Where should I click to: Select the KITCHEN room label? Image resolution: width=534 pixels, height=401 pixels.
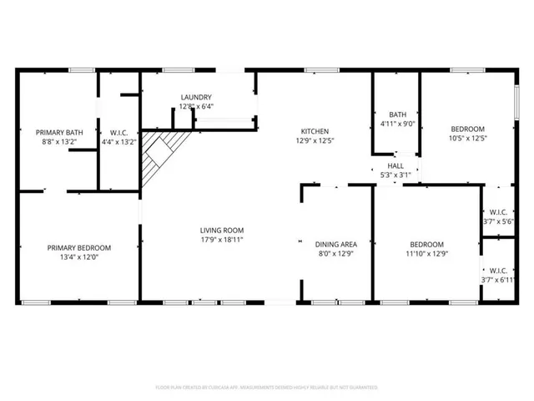(x=315, y=131)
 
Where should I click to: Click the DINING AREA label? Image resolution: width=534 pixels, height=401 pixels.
(x=336, y=244)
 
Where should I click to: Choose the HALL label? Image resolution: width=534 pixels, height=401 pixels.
(x=395, y=165)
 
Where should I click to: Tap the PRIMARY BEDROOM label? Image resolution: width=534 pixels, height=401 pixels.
(x=78, y=247)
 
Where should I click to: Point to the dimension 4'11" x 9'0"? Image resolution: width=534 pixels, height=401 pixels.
(x=396, y=124)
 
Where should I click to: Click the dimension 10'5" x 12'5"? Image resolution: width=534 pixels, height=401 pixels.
(x=468, y=138)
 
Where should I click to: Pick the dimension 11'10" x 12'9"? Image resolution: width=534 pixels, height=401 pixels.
(x=427, y=253)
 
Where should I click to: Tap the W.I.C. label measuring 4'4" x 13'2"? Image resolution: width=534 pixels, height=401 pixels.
(x=118, y=142)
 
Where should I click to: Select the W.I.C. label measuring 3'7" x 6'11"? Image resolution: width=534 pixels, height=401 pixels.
(x=499, y=280)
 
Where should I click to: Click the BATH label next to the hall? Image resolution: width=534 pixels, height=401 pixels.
(x=396, y=115)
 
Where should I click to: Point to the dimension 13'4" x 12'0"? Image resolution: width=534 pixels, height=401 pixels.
(x=78, y=257)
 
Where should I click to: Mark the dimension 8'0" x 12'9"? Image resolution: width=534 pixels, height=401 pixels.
(x=336, y=253)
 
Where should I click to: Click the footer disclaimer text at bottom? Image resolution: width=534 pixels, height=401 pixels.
(x=267, y=388)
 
